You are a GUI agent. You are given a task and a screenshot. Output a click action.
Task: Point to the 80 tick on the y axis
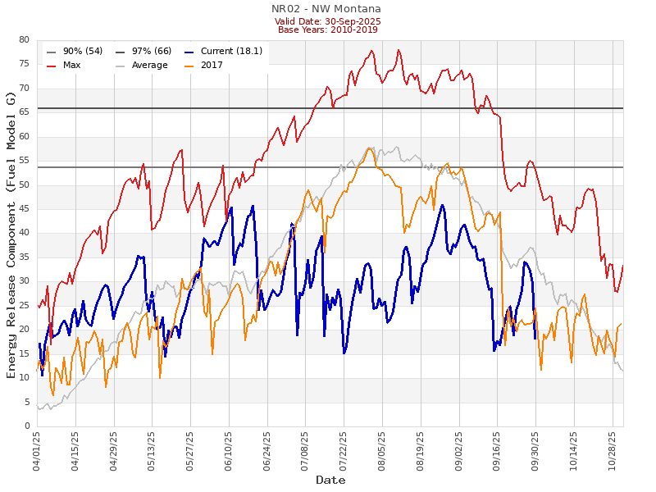point(24,40)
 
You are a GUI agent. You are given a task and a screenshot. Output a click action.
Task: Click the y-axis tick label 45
point(24,209)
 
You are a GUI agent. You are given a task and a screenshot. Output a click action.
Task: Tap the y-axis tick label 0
point(26,426)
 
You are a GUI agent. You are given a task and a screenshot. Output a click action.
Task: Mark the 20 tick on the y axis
point(24,330)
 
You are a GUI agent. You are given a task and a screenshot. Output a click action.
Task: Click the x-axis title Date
point(330,481)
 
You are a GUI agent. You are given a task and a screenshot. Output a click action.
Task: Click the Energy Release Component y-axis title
point(11,235)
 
